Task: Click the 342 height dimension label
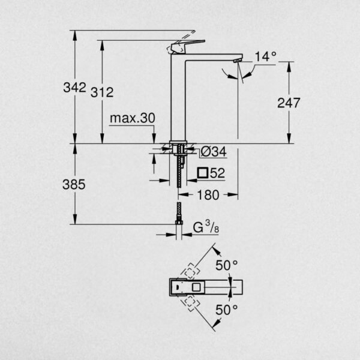click(x=74, y=88)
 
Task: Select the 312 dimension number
click(x=102, y=92)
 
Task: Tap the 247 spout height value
click(x=289, y=103)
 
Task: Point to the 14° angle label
click(x=266, y=56)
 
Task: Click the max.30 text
click(x=133, y=118)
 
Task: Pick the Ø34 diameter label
click(x=214, y=152)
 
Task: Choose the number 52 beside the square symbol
click(x=217, y=173)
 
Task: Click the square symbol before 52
click(x=203, y=173)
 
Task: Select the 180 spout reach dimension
click(x=208, y=195)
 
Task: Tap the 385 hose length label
click(x=74, y=184)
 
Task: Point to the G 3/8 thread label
click(x=206, y=227)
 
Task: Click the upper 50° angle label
click(x=227, y=265)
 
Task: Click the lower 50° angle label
click(x=227, y=310)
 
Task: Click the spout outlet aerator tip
click(x=238, y=61)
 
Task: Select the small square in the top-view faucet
click(x=197, y=287)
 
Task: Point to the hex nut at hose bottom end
click(x=178, y=222)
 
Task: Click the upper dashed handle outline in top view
click(x=190, y=272)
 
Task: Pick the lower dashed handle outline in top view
click(x=190, y=303)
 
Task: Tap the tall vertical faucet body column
click(x=178, y=98)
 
